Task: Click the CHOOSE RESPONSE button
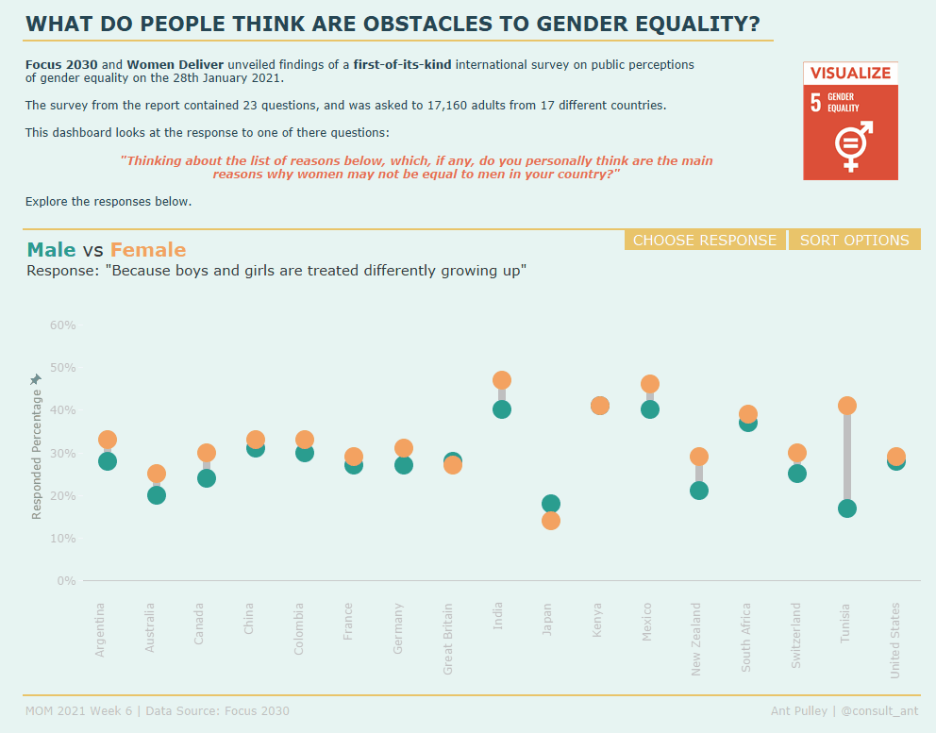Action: coord(705,241)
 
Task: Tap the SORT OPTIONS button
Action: coord(854,241)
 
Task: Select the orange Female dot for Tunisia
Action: coord(846,406)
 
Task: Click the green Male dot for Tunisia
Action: coord(846,508)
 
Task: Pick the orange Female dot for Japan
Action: coord(551,521)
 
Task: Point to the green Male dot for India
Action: coord(502,409)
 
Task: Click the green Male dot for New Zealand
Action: coord(699,491)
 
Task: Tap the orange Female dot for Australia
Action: coord(157,474)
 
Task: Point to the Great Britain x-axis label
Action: coord(448,639)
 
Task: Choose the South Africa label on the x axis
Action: coord(746,637)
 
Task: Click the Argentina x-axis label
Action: coord(100,629)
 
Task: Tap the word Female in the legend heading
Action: coord(148,250)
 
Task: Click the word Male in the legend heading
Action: coord(51,250)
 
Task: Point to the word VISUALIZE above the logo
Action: coord(850,74)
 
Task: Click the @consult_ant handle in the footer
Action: coord(879,711)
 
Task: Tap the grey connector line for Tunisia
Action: coord(846,458)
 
